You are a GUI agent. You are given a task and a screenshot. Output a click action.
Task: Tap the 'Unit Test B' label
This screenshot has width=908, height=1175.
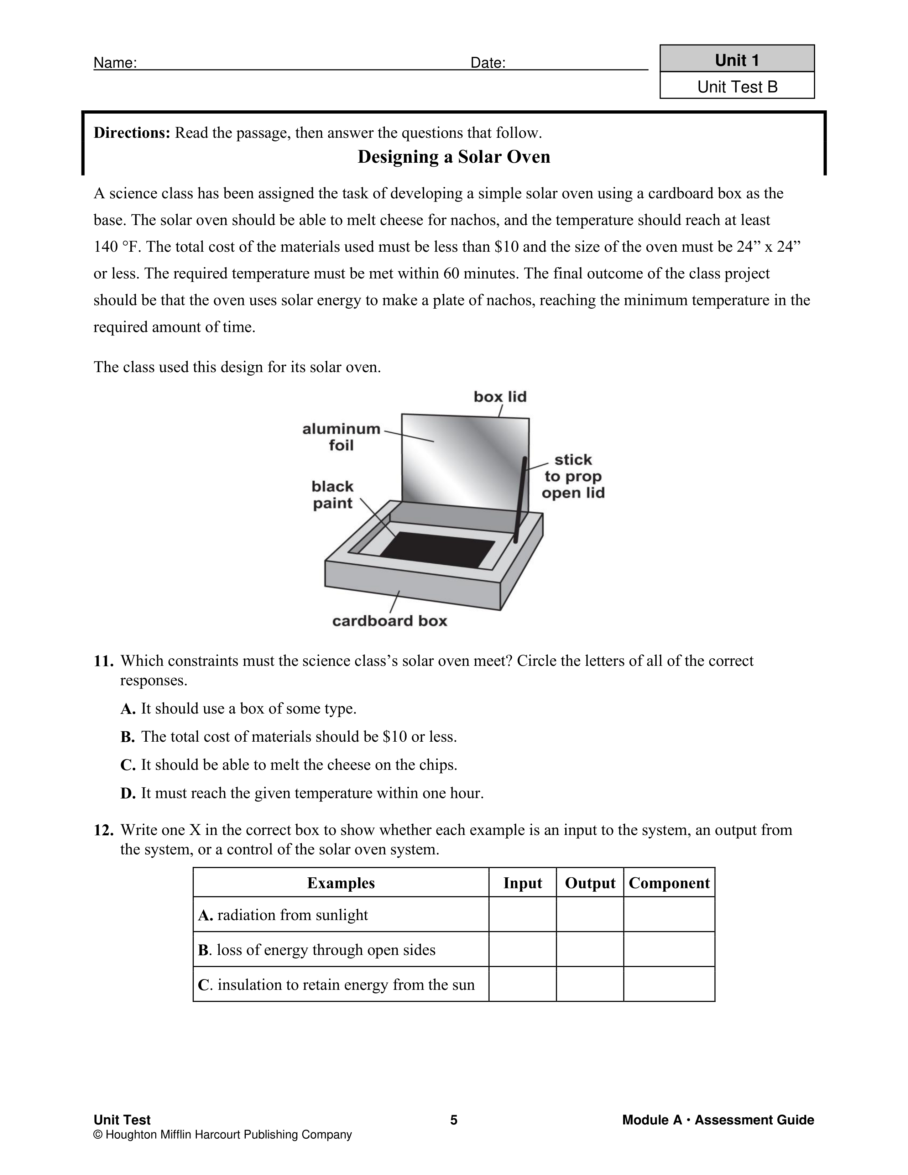pyautogui.click(x=737, y=87)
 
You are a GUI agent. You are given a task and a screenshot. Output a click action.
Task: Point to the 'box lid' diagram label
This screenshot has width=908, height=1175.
pyautogui.click(x=500, y=397)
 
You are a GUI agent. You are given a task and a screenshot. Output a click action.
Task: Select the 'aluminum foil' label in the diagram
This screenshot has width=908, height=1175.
pyautogui.click(x=341, y=437)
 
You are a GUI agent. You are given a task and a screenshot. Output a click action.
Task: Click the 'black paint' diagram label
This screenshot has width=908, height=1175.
pyautogui.click(x=333, y=495)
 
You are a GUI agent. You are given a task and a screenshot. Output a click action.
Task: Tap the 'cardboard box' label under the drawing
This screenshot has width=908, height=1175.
pyautogui.click(x=390, y=621)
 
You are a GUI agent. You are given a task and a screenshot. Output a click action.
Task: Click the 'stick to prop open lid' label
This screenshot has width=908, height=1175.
pyautogui.click(x=573, y=476)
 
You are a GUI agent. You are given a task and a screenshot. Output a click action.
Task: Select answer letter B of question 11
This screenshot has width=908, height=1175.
pyautogui.click(x=127, y=737)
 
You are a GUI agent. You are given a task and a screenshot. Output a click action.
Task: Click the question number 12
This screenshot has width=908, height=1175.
pyautogui.click(x=103, y=830)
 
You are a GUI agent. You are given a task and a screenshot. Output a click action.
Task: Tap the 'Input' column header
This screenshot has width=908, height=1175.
pyautogui.click(x=522, y=883)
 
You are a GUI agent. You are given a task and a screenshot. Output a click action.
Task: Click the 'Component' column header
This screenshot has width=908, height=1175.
pyautogui.click(x=669, y=883)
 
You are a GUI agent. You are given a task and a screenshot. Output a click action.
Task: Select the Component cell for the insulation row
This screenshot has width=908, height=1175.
pyautogui.click(x=669, y=985)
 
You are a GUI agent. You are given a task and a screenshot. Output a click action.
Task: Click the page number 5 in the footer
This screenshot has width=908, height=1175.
pyautogui.click(x=453, y=1120)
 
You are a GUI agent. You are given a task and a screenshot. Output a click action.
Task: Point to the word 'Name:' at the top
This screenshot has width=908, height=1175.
pyautogui.click(x=115, y=63)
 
